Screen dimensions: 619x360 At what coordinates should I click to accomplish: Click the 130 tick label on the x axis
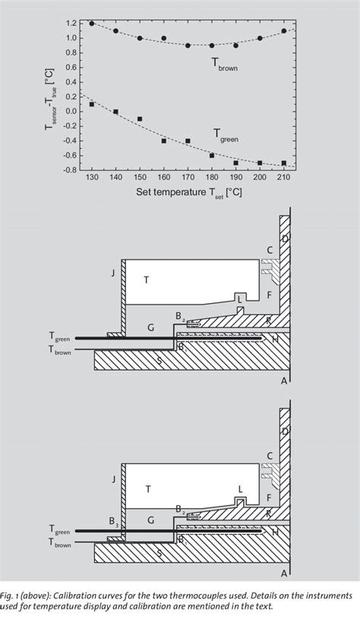click(x=92, y=177)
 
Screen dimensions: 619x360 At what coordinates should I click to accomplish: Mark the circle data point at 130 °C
click(x=92, y=24)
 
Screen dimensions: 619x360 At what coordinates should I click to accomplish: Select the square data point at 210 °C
click(x=284, y=163)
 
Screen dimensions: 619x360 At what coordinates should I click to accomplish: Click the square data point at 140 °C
click(x=115, y=112)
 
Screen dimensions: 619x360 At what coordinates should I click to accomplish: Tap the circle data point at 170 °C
click(x=188, y=46)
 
